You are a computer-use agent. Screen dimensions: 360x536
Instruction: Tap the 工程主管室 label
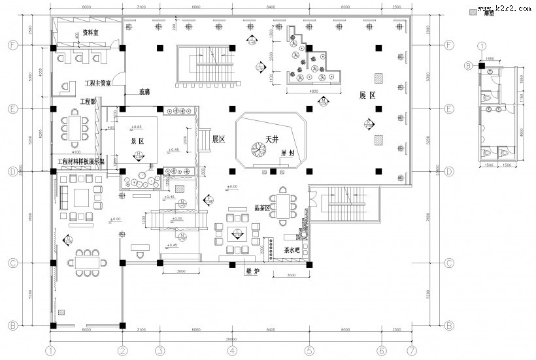click(99, 84)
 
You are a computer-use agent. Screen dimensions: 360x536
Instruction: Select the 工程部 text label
click(88, 101)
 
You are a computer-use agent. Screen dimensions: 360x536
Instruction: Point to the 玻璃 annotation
click(145, 91)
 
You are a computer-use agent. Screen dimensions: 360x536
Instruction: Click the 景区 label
click(137, 140)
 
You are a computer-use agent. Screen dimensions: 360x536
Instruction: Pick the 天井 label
click(273, 139)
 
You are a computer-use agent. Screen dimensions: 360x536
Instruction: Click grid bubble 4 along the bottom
click(231, 351)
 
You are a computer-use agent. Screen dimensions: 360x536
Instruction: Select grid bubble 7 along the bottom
click(410, 351)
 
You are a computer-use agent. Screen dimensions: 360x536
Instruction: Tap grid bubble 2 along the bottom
click(122, 351)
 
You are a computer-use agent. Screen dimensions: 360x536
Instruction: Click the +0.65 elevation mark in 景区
click(137, 126)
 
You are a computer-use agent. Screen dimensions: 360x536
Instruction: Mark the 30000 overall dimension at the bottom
click(231, 339)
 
